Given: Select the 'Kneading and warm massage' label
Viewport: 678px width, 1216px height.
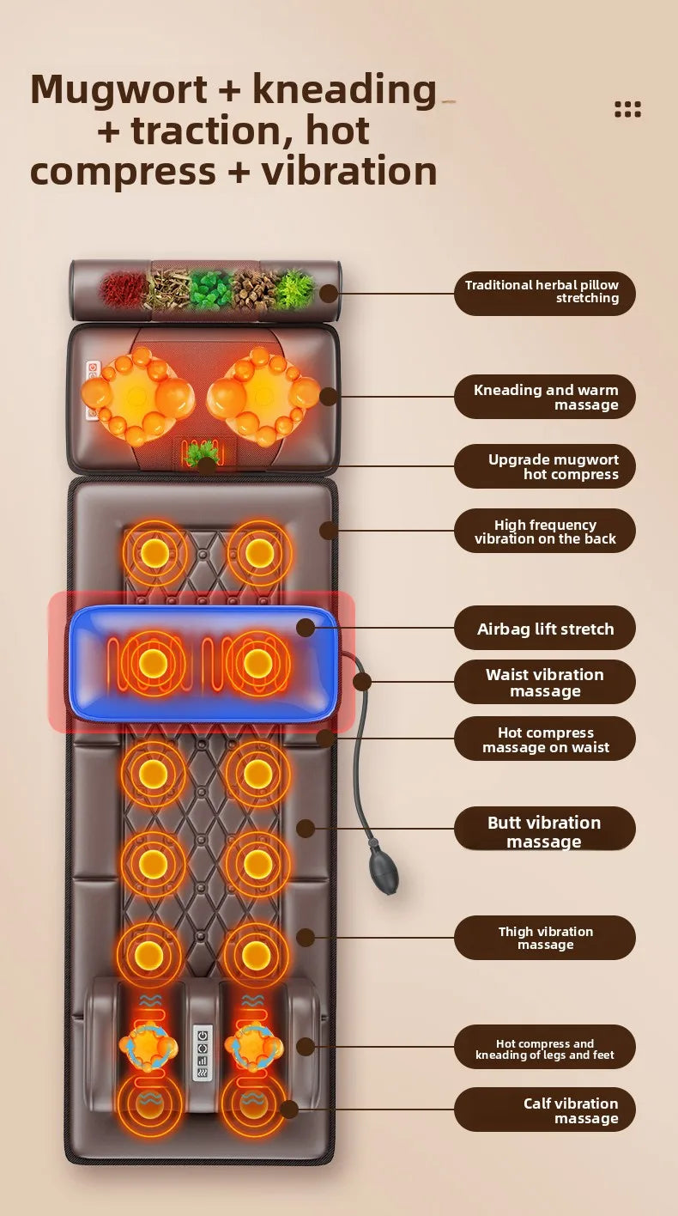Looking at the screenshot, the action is pyautogui.click(x=545, y=396).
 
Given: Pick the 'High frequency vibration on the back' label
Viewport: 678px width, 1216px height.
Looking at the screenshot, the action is pyautogui.click(x=545, y=531).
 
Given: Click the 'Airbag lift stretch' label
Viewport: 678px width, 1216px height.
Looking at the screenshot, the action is pyautogui.click(x=545, y=628).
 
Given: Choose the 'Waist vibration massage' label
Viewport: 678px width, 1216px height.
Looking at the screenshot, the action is pyautogui.click(x=545, y=683).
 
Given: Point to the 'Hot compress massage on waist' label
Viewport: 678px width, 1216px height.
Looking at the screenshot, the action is pyautogui.click(x=545, y=739).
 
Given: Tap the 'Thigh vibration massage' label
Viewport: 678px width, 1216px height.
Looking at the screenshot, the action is pyautogui.click(x=545, y=938).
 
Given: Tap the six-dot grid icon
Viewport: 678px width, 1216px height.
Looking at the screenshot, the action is pyautogui.click(x=627, y=109).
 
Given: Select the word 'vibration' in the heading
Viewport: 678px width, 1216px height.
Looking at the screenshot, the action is pyautogui.click(x=349, y=170).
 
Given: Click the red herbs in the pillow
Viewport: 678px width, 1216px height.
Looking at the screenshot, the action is pyautogui.click(x=123, y=289).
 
